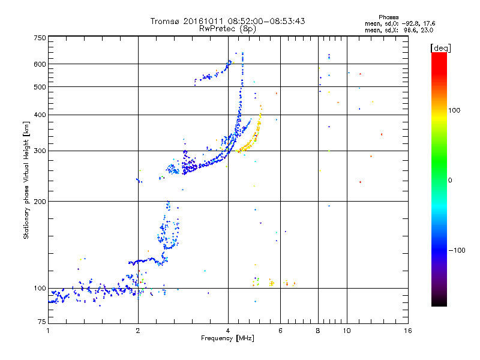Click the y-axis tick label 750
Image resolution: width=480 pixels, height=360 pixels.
(x=40, y=38)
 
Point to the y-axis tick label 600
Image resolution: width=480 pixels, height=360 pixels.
(x=40, y=64)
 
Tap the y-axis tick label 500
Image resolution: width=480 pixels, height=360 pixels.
(x=40, y=87)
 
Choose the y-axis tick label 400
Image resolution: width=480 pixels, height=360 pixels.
(x=40, y=115)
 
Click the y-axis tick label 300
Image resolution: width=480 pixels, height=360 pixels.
(x=40, y=151)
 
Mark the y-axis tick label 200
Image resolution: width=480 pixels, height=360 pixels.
(x=40, y=201)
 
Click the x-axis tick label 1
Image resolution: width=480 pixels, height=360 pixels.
(x=48, y=331)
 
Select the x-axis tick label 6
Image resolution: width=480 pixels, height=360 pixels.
(x=280, y=331)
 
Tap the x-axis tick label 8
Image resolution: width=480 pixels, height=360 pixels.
(x=318, y=331)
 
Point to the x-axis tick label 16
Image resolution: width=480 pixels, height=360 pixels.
(x=407, y=331)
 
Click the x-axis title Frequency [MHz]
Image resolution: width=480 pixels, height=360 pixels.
(x=227, y=338)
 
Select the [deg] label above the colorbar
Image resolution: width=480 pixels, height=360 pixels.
(x=440, y=47)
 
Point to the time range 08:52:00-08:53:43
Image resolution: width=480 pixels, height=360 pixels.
(x=265, y=21)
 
